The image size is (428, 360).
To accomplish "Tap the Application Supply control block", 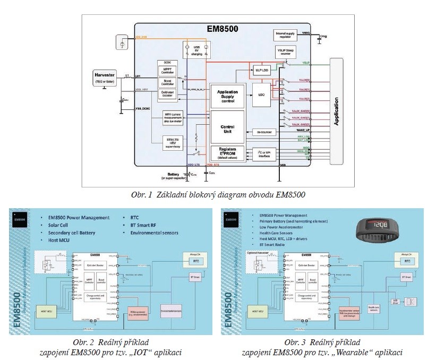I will [227, 96].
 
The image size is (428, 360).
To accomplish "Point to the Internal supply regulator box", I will [289, 35].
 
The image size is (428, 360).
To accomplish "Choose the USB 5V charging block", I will [197, 51].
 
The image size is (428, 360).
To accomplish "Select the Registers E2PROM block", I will [227, 153].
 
